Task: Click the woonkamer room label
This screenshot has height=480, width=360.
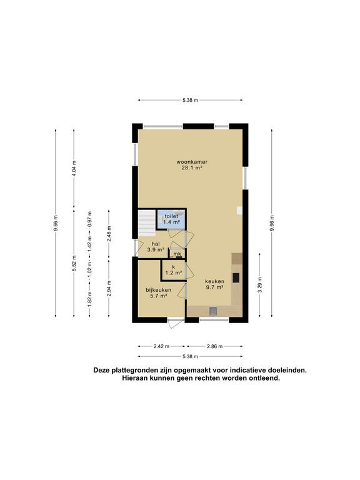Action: (x=191, y=162)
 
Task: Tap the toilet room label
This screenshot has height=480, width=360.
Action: (x=171, y=216)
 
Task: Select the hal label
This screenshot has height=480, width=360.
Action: (x=156, y=244)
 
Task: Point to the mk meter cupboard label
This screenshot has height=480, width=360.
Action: (x=177, y=254)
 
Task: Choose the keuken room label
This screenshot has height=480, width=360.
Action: (x=214, y=282)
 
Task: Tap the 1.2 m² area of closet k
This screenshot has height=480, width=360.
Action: (x=173, y=272)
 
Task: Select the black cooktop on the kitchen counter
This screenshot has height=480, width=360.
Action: (x=236, y=278)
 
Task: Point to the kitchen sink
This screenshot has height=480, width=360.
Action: (x=214, y=310)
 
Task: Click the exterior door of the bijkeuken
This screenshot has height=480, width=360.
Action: (x=175, y=323)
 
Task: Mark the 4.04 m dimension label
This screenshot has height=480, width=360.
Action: (x=74, y=169)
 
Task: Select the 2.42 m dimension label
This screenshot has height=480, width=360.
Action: (x=161, y=345)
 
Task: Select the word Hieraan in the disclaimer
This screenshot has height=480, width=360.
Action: (x=137, y=378)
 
